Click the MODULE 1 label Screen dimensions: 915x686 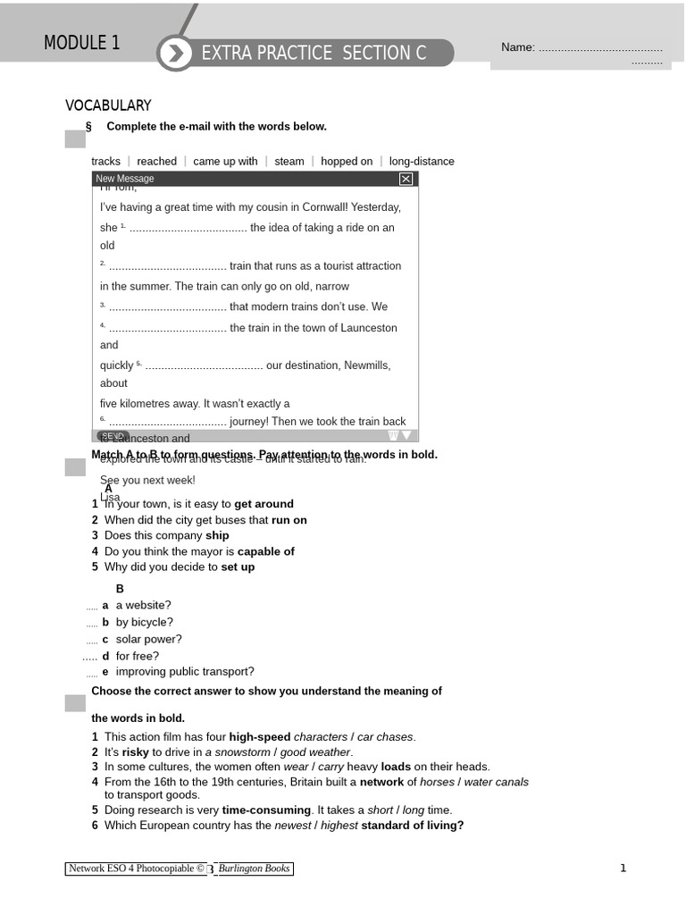81,43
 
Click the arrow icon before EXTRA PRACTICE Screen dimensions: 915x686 176,54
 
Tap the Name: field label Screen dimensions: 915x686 517,47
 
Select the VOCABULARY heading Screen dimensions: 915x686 108,105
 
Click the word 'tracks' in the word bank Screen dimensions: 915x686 105,162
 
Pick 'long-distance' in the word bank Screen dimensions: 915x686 422,162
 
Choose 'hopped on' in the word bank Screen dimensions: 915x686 347,162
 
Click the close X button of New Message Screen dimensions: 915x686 406,179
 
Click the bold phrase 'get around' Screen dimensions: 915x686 264,504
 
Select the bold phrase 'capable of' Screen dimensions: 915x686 265,551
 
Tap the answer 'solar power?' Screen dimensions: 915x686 148,639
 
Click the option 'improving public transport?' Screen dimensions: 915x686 185,672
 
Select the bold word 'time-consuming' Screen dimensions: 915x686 266,810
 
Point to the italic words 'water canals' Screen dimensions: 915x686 496,782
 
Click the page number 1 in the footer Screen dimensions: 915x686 623,868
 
